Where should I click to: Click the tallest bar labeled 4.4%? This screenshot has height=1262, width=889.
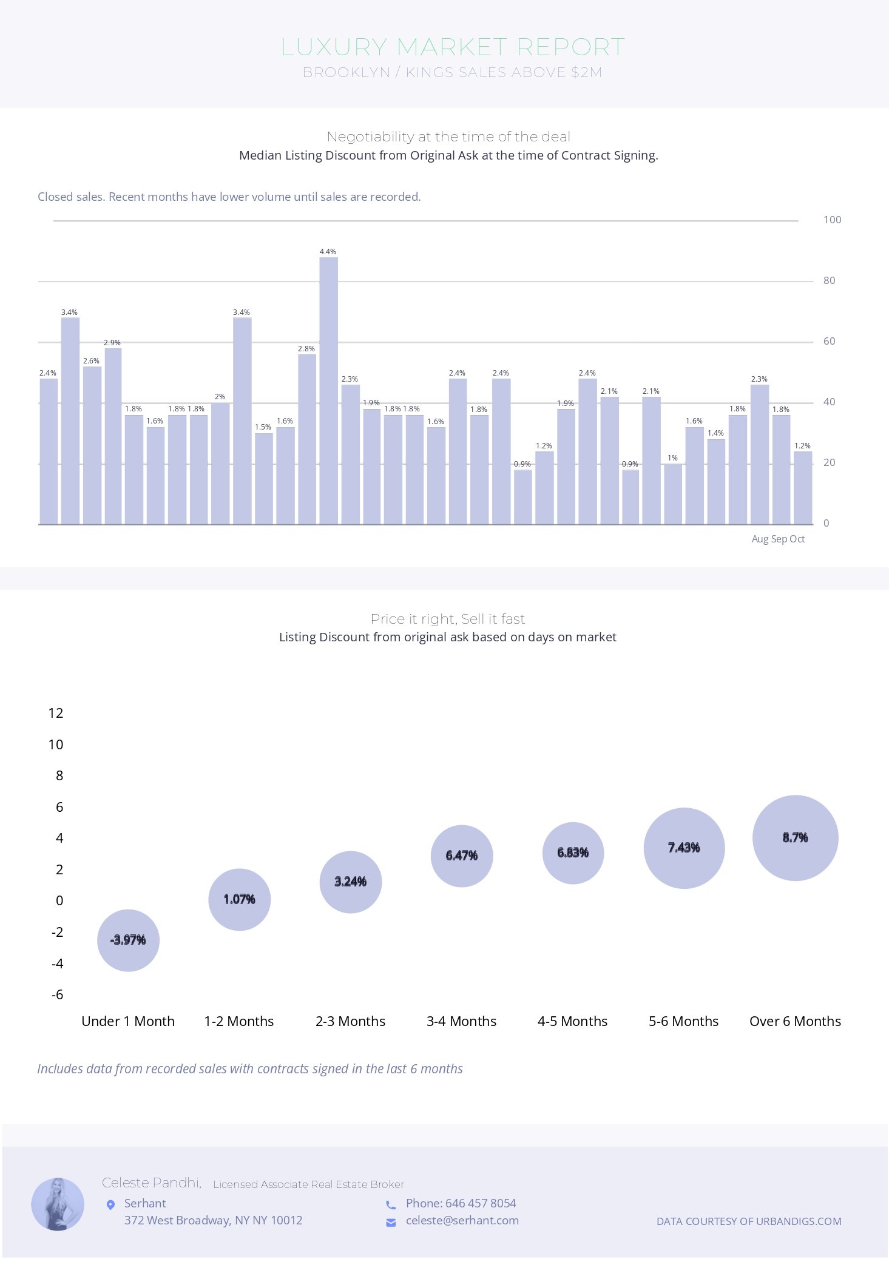[x=328, y=391]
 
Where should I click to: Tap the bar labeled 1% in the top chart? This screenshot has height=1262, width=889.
[x=673, y=494]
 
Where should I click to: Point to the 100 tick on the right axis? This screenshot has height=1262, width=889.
[x=832, y=220]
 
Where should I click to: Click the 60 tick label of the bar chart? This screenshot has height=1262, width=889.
[x=829, y=341]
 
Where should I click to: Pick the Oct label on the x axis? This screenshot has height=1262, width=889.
[x=797, y=539]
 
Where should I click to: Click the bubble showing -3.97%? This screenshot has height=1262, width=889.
[x=128, y=940]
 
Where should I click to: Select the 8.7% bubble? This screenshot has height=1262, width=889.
[x=795, y=837]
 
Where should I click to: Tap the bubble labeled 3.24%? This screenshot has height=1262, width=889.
[x=350, y=882]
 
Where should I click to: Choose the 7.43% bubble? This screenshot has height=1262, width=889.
[x=684, y=848]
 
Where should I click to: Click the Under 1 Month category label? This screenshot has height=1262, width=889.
[x=128, y=1021]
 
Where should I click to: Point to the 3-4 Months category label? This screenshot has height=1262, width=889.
[x=461, y=1021]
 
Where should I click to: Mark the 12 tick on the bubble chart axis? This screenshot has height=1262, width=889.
[x=56, y=713]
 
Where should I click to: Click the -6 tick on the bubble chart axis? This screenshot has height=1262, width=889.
[x=57, y=994]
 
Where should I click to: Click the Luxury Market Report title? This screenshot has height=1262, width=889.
[x=453, y=47]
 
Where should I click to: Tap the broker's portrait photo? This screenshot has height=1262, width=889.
[x=58, y=1204]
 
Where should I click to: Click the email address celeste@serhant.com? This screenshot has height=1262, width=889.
[x=462, y=1220]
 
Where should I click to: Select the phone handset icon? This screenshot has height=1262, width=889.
[x=391, y=1204]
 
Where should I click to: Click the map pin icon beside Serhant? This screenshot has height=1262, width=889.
[x=110, y=1204]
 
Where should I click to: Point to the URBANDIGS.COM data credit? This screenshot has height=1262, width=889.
[x=749, y=1221]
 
